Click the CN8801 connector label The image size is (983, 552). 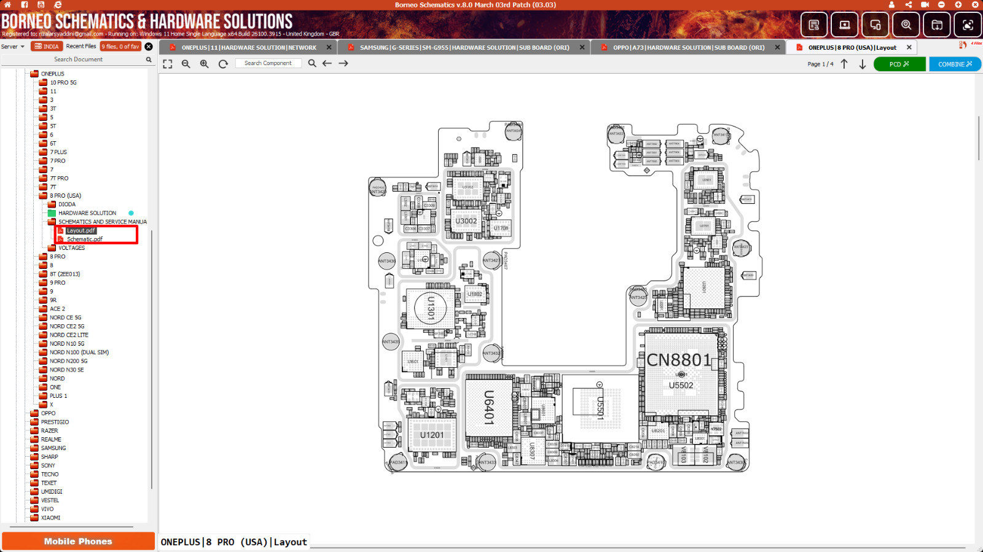pyautogui.click(x=678, y=360)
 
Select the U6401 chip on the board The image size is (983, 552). pyautogui.click(x=489, y=407)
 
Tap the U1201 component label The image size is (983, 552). pyautogui.click(x=432, y=435)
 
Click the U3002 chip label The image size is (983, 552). pyautogui.click(x=466, y=221)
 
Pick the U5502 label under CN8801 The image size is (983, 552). pyautogui.click(x=681, y=386)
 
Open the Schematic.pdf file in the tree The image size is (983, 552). pyautogui.click(x=85, y=239)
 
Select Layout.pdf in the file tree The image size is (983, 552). pyautogui.click(x=81, y=231)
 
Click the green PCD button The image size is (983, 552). pyautogui.click(x=899, y=64)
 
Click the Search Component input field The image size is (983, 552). pyautogui.click(x=268, y=63)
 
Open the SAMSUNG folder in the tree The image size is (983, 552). pyautogui.click(x=53, y=448)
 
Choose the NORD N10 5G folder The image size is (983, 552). pyautogui.click(x=67, y=344)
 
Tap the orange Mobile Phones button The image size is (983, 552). pyautogui.click(x=78, y=541)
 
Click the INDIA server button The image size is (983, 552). pyautogui.click(x=47, y=47)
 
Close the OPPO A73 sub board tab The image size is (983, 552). pyautogui.click(x=777, y=47)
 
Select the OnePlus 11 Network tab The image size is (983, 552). pyautogui.click(x=249, y=47)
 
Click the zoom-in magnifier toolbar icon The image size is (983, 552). pyautogui.click(x=205, y=64)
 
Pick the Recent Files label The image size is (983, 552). pyautogui.click(x=81, y=47)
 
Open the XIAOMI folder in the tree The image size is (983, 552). pyautogui.click(x=50, y=518)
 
